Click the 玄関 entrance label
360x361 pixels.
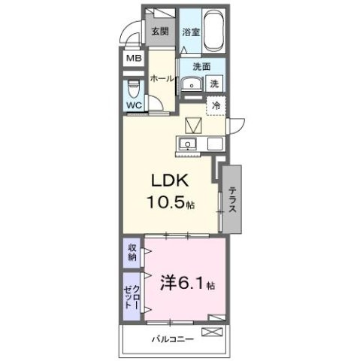coord(159,32)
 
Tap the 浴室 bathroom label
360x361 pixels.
coord(191,32)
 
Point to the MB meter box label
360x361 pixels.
coord(133,59)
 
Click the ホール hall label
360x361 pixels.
coord(162,78)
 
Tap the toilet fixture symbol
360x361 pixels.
coord(133,86)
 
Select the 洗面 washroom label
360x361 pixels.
coord(199,65)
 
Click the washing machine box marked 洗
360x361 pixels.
coord(215,83)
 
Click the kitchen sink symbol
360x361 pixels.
coord(187,144)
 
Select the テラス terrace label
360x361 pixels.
coord(233,199)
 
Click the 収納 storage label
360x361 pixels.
coord(132,253)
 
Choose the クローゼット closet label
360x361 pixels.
coord(132,294)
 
